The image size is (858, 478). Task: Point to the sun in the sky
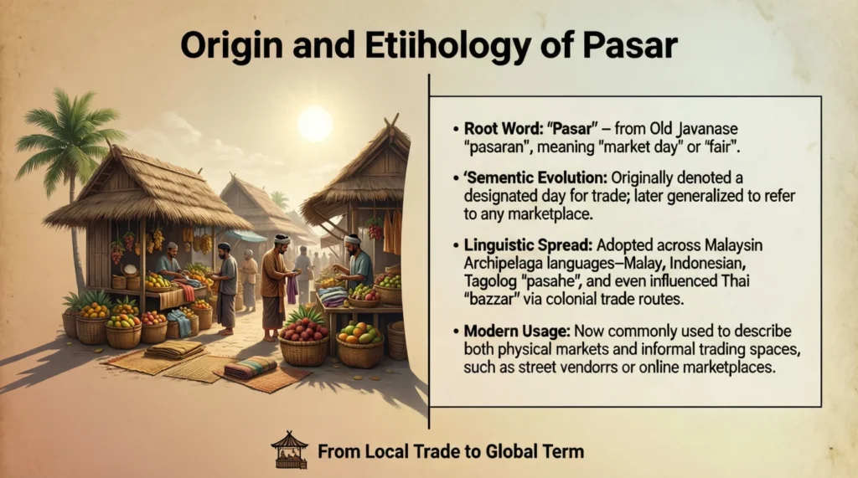(315, 124)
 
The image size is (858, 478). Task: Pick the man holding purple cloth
(278, 280)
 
